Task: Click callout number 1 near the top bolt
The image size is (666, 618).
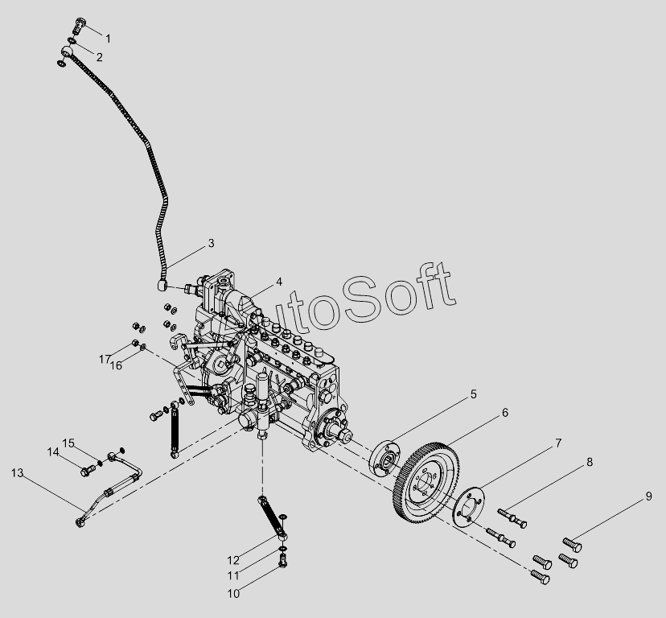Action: (x=108, y=39)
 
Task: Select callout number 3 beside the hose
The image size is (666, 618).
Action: (x=211, y=244)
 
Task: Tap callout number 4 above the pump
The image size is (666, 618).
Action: (x=278, y=282)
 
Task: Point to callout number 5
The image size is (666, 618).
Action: (x=474, y=394)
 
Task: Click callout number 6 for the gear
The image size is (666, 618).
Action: (x=505, y=413)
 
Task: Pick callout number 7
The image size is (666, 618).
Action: (x=558, y=443)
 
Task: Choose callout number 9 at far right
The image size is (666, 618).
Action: (x=648, y=496)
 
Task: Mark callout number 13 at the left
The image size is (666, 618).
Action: (x=18, y=473)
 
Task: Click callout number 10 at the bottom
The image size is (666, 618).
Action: (x=233, y=594)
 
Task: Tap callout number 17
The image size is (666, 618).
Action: (x=105, y=359)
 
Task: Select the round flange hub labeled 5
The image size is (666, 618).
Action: (x=384, y=459)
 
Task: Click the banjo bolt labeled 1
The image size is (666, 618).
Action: (x=80, y=26)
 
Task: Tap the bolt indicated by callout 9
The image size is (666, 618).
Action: (x=573, y=544)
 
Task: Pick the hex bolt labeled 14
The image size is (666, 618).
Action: (x=88, y=471)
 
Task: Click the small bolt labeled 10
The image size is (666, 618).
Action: (x=283, y=560)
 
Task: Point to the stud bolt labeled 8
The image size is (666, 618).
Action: (x=512, y=518)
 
